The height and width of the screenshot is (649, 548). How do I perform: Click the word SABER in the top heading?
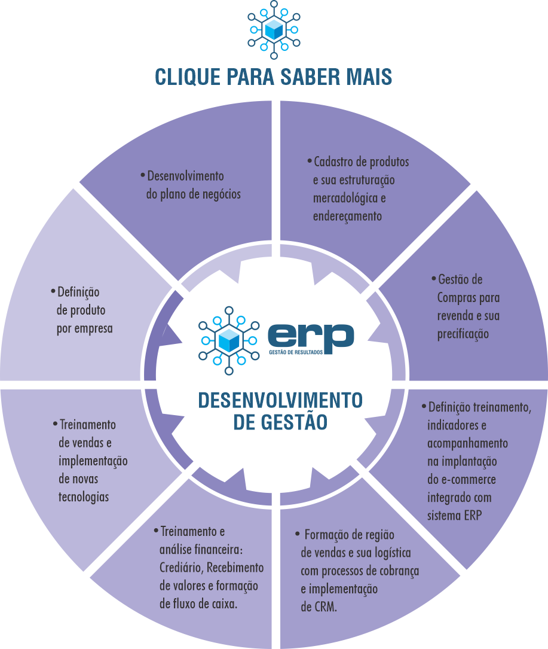(305, 77)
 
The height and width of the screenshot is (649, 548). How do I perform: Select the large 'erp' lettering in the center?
(311, 336)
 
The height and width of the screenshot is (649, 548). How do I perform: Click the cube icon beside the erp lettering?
(228, 340)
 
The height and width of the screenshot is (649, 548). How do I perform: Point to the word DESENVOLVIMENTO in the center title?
(280, 400)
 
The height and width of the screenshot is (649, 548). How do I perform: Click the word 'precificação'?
(463, 334)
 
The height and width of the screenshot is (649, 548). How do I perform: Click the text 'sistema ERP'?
(455, 515)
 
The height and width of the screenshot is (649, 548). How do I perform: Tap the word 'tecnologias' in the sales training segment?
(84, 497)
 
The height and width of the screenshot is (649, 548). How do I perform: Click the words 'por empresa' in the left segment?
(84, 328)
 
